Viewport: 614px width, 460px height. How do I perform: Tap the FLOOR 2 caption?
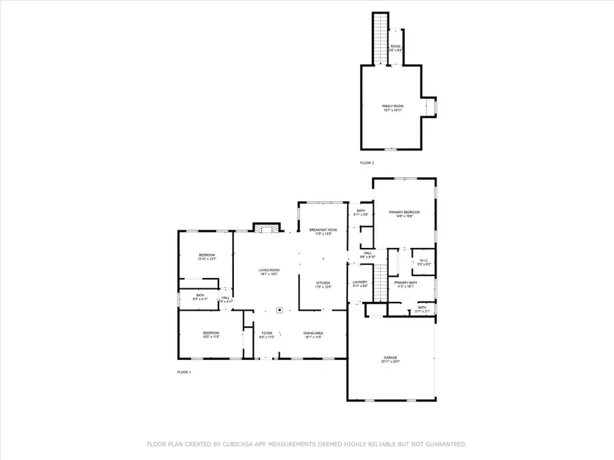367,163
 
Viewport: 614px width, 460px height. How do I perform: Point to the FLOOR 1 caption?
184,372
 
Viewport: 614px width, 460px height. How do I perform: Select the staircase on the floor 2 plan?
380,38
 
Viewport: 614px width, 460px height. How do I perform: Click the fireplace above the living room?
266,228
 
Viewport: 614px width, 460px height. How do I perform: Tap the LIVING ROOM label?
269,271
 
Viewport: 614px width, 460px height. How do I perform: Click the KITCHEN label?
323,283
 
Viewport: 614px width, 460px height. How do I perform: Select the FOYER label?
267,334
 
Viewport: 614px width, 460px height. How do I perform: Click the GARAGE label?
390,359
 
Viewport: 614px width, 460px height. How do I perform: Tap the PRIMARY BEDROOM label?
405,213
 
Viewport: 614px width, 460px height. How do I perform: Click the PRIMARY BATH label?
405,283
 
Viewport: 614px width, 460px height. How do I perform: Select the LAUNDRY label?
360,283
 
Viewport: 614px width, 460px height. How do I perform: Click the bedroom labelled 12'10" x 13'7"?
207,256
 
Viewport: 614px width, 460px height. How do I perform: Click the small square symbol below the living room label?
280,310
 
